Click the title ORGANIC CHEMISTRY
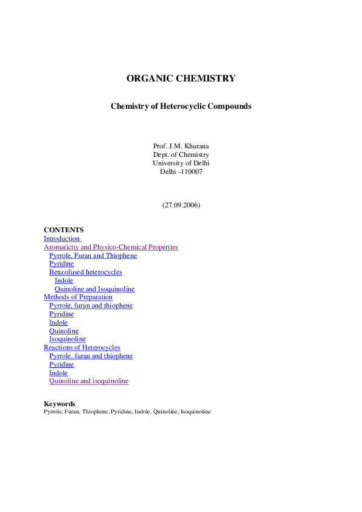181,78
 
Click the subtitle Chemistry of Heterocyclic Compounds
181,106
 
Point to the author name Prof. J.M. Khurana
181,146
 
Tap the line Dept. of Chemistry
181,154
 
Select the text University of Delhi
181,163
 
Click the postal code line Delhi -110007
181,171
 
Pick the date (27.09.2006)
181,205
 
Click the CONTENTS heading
64,230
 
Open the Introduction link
61,239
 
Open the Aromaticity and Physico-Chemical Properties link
111,247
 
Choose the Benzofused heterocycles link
86,272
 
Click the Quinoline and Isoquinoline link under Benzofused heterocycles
94,289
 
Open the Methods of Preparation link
78,297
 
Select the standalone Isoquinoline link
68,339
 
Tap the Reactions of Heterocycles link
82,347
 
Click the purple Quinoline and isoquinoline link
89,381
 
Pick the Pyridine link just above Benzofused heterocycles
61,263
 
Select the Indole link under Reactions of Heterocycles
58,373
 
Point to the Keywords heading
60,404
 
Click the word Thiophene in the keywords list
95,412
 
